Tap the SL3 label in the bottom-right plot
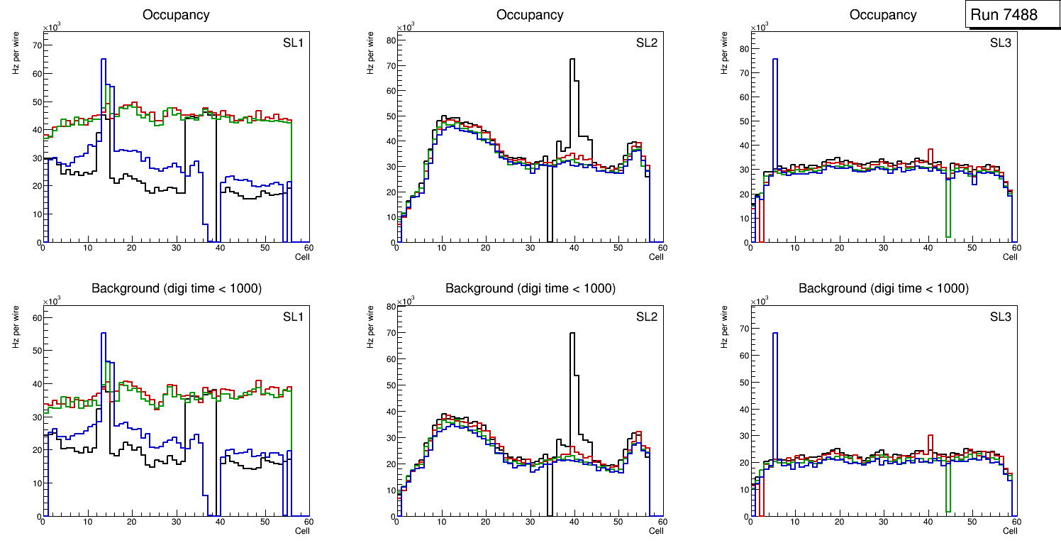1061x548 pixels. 1001,317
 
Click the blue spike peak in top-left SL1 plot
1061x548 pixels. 104,60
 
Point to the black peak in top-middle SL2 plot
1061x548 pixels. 572,60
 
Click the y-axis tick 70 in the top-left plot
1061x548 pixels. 38,45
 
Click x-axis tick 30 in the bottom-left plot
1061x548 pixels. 176,522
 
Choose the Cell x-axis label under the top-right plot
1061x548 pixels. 1010,257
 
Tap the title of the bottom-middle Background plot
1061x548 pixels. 530,288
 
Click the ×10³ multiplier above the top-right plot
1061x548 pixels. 760,28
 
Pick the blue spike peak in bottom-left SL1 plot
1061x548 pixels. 104,334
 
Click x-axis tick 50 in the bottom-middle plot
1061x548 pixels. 617,522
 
